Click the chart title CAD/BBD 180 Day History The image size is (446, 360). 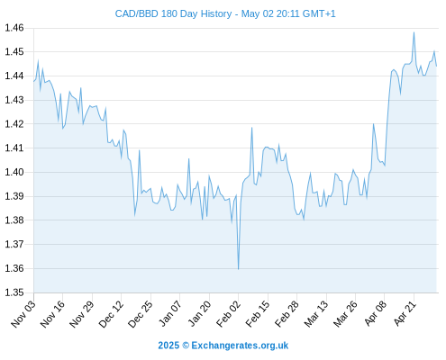coord(173,14)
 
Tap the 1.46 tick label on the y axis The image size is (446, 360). coord(14,28)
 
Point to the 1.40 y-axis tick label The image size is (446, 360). coord(14,172)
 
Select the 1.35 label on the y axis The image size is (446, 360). coord(14,292)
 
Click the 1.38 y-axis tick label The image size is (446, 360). coord(14,220)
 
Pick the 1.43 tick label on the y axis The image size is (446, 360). coord(14,100)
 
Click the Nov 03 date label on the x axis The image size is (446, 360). coord(23,313)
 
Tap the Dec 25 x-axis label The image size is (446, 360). coord(141,313)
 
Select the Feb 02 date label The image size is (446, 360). coord(229,313)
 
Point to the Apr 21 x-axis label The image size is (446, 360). coord(405,313)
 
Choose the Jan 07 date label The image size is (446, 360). coord(170,313)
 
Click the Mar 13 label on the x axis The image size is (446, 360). coord(316,313)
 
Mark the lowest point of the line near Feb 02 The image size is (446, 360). coord(239,269)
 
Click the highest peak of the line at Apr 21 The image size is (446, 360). coord(414,32)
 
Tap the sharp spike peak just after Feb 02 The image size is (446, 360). coord(251,128)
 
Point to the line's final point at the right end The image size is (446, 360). coord(436,66)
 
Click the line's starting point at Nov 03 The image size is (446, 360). coord(34,81)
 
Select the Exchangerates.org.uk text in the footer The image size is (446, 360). coord(240,346)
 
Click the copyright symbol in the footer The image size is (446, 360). coord(186,346)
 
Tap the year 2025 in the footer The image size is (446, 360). coord(168,346)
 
